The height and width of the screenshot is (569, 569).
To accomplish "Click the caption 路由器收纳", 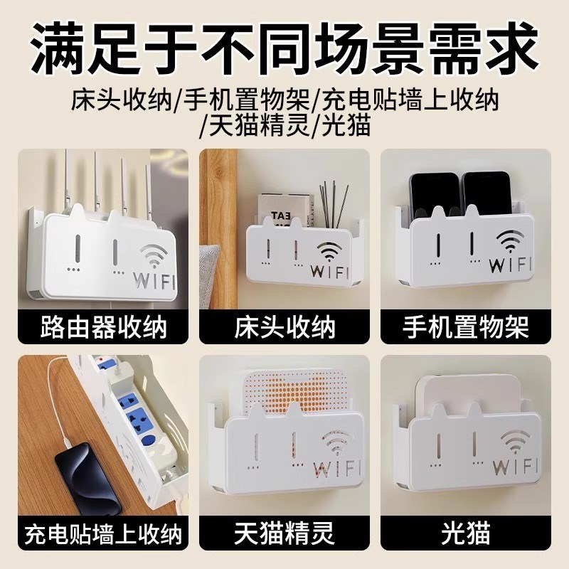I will (100, 329).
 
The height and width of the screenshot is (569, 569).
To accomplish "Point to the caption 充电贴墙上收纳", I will (100, 533).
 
